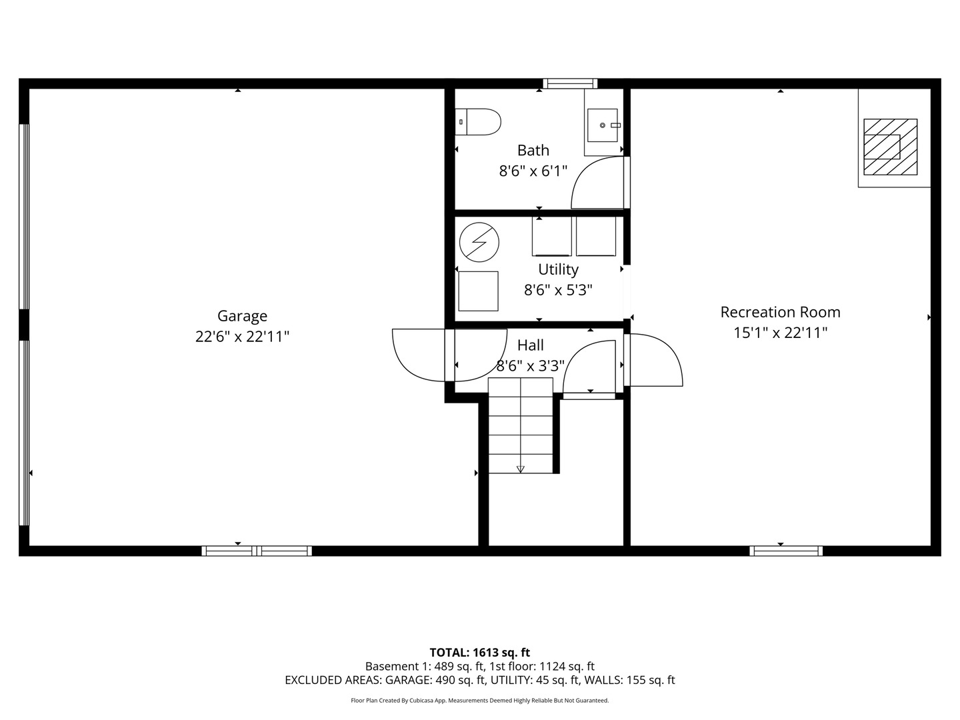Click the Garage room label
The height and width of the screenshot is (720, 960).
[242, 316]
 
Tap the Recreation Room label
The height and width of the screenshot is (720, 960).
[780, 312]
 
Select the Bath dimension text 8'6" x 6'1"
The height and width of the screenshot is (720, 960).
[533, 171]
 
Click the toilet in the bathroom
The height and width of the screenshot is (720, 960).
[479, 122]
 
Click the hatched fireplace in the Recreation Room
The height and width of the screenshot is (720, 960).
[890, 147]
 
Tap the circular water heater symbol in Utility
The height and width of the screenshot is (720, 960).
[479, 241]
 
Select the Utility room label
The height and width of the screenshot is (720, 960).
[558, 269]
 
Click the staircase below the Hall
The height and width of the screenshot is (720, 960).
[521, 425]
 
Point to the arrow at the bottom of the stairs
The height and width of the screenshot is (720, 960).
[521, 469]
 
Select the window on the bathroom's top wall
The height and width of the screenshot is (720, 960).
[569, 84]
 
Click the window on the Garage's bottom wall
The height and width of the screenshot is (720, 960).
[257, 551]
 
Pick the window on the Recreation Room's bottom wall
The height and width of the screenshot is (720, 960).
[785, 551]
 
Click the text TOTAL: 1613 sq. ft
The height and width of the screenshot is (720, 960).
[479, 653]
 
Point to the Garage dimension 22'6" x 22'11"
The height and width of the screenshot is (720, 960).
[242, 337]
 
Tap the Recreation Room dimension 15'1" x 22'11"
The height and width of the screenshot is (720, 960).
[780, 333]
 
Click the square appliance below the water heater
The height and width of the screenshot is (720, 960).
[478, 291]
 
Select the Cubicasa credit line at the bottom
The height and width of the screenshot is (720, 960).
[479, 701]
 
